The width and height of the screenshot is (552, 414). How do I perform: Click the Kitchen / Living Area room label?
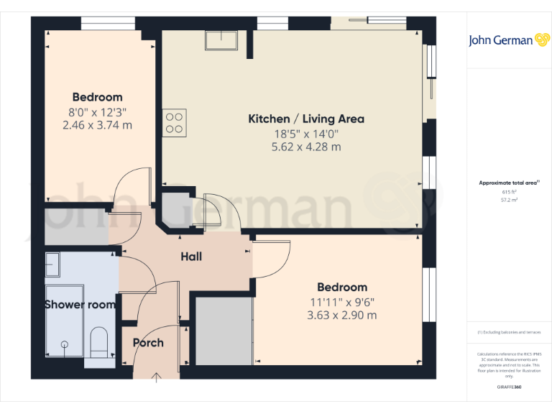306,119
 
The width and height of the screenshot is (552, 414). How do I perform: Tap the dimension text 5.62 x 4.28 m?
306,147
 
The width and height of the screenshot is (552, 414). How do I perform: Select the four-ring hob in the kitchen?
175,121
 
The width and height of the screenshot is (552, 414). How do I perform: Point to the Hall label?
191,257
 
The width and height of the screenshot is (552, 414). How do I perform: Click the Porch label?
148,343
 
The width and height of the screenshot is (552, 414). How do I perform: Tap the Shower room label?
80,305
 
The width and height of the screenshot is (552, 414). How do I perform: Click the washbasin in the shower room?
53,264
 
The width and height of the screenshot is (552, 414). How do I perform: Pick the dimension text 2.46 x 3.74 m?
98,125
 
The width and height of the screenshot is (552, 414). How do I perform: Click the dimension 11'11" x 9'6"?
342,302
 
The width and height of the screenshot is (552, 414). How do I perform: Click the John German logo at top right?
510,40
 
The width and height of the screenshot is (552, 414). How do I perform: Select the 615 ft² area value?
509,193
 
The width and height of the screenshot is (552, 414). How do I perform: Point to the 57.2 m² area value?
509,201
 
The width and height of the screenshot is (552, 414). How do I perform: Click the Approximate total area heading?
508,183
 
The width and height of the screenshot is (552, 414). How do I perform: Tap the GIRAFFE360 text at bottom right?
509,387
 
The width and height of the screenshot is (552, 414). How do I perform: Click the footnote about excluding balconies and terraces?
509,332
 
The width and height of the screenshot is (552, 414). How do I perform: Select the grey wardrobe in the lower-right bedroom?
222,330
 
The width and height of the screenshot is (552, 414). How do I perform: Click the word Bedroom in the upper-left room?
98,97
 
